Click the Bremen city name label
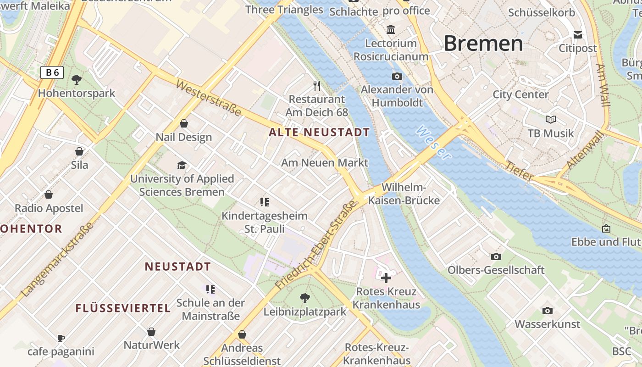pyautogui.click(x=483, y=44)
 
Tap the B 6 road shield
pyautogui.click(x=52, y=72)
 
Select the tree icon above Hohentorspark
pyautogui.click(x=77, y=80)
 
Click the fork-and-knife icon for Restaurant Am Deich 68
pyautogui.click(x=316, y=85)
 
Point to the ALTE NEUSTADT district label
pyautogui.click(x=319, y=133)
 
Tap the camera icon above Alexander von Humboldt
pyautogui.click(x=397, y=76)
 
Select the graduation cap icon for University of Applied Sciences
pyautogui.click(x=182, y=165)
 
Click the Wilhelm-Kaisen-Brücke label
pyautogui.click(x=404, y=194)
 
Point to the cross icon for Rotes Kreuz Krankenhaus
pyautogui.click(x=386, y=278)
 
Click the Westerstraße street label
pyautogui.click(x=208, y=99)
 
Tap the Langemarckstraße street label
pyautogui.click(x=57, y=259)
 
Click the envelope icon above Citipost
pyautogui.click(x=578, y=35)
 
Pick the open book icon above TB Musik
pyautogui.click(x=551, y=119)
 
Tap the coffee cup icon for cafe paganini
pyautogui.click(x=61, y=339)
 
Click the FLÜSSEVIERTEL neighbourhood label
pyautogui.click(x=123, y=308)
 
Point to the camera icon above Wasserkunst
pyautogui.click(x=547, y=311)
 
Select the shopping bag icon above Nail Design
pyautogui.click(x=184, y=123)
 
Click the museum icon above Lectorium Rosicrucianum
pyautogui.click(x=391, y=30)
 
